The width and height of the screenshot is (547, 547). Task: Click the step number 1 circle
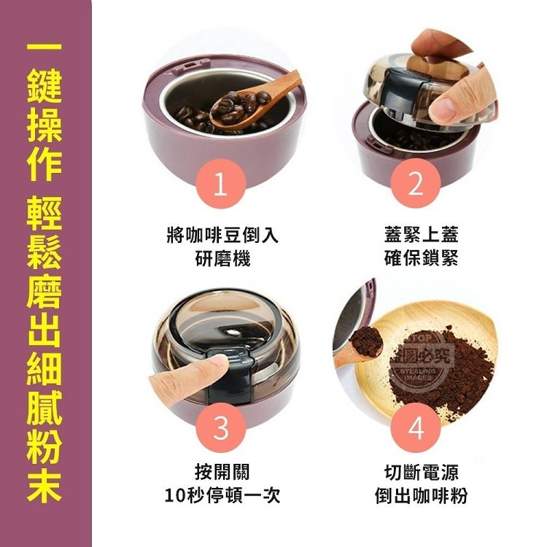221,184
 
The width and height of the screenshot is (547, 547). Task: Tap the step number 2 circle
416,184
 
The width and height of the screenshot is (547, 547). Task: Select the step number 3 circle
221,427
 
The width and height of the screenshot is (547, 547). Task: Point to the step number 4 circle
416,427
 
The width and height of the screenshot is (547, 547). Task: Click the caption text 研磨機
222,259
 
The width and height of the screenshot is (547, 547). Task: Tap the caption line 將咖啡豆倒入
222,234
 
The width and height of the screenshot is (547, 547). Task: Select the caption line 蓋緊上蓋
421,234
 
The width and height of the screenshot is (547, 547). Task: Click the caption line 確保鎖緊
421,259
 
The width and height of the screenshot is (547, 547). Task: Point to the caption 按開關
222,472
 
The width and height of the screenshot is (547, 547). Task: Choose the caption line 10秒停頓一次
222,496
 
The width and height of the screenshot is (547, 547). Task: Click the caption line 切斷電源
421,472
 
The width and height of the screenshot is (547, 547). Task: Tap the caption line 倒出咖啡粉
421,496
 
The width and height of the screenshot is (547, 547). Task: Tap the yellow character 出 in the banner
44,330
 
